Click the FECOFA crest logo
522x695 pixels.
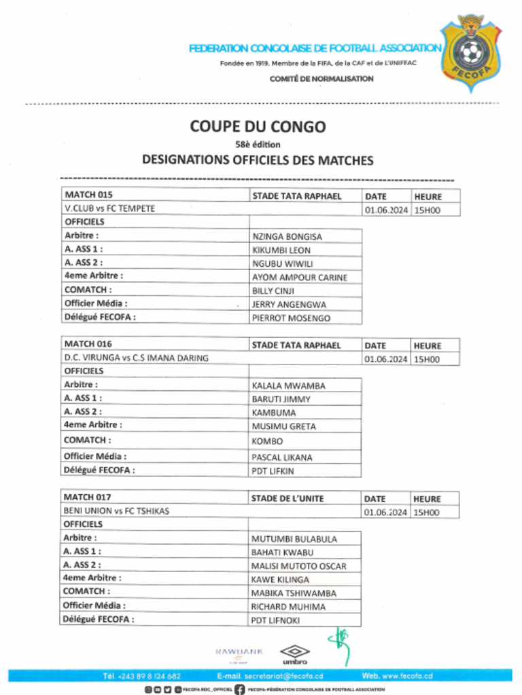pos(471,52)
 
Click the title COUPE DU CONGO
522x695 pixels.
pos(258,126)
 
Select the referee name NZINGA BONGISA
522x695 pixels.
pos(287,237)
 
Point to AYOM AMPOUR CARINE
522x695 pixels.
pos(299,278)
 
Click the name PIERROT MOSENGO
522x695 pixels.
pos(291,318)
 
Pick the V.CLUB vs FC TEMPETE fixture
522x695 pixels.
pos(109,209)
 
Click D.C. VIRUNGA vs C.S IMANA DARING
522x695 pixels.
pos(136,358)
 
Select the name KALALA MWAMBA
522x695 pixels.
pos(288,386)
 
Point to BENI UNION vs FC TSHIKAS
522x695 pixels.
pos(116,511)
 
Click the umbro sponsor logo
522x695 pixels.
pos(295,654)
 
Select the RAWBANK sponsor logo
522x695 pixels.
pos(239,652)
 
